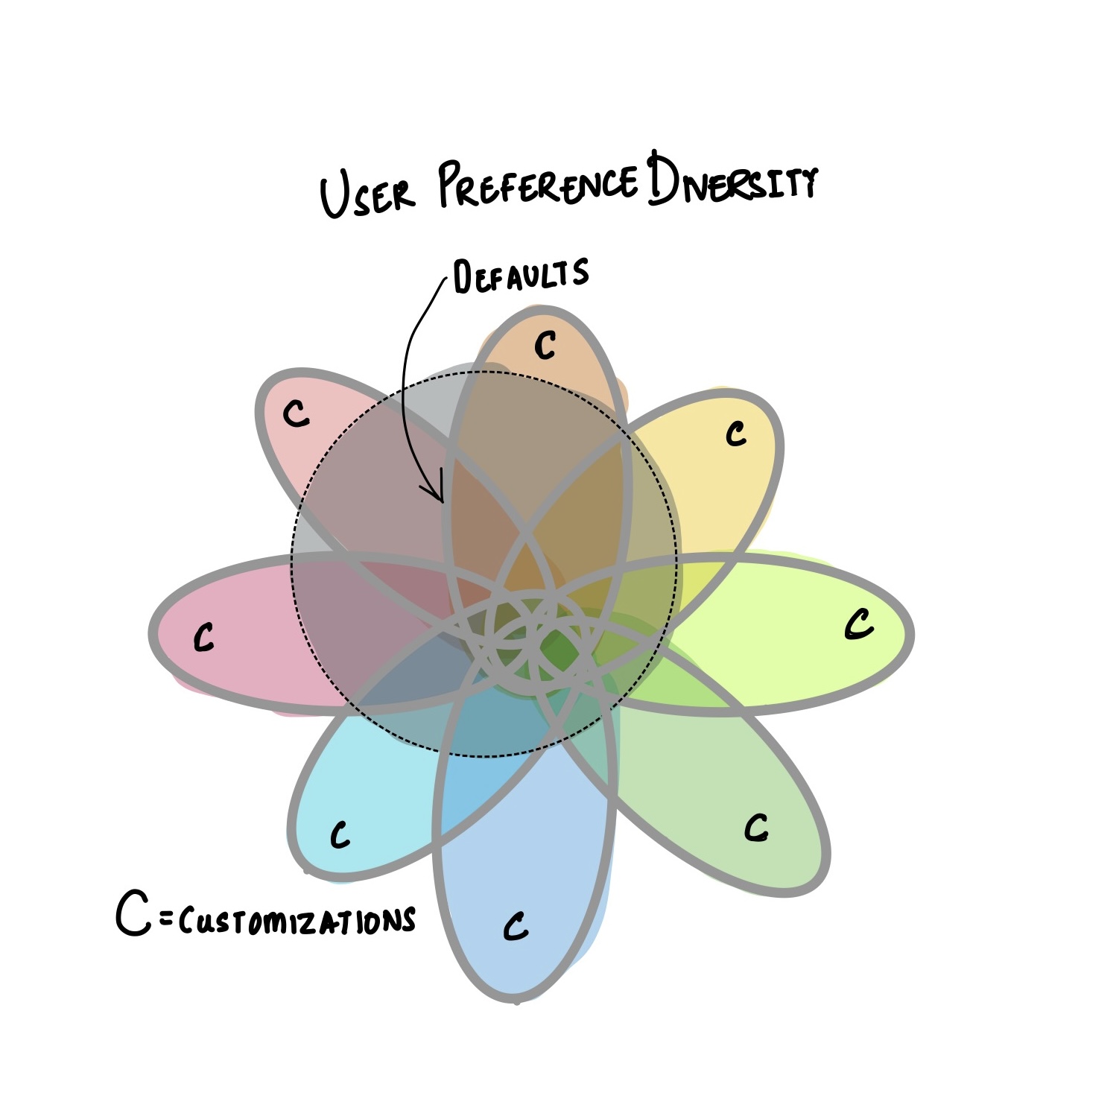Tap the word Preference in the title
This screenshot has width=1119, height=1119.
click(537, 183)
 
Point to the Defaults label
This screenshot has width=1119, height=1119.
click(521, 276)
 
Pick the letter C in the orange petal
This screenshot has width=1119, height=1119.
click(545, 345)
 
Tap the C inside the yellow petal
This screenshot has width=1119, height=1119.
click(736, 433)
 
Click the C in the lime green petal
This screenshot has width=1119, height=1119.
click(858, 624)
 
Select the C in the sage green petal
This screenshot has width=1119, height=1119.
click(756, 827)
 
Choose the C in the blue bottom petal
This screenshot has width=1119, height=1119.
click(516, 926)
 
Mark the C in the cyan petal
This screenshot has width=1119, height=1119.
click(340, 835)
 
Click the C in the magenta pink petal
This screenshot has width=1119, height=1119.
click(203, 637)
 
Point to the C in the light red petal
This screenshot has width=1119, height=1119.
click(297, 413)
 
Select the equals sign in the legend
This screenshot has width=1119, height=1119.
click(166, 922)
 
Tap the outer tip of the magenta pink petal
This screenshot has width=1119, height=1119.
click(151, 633)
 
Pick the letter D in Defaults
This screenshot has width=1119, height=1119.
click(462, 279)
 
